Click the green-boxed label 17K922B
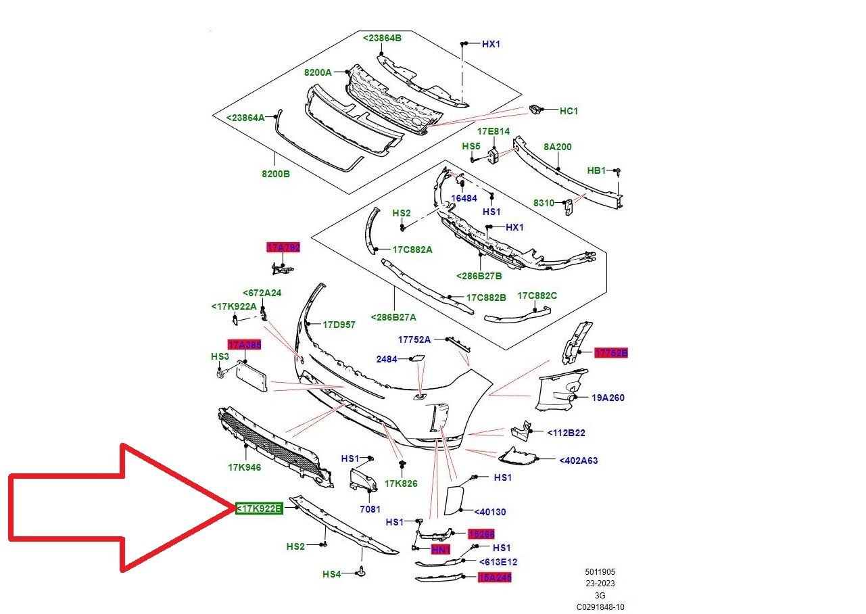[259, 509]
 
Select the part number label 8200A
[317, 72]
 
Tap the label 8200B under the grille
[276, 174]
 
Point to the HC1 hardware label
[569, 110]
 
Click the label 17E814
[494, 131]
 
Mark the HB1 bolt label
[596, 170]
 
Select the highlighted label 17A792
[283, 247]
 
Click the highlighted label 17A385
[244, 345]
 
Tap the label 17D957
[339, 325]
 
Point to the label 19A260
[608, 398]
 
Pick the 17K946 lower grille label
[244, 467]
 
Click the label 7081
[370, 509]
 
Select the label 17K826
[401, 483]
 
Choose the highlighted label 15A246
[494, 577]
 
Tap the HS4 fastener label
[331, 574]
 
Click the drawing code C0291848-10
[600, 607]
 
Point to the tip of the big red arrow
[234, 507]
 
